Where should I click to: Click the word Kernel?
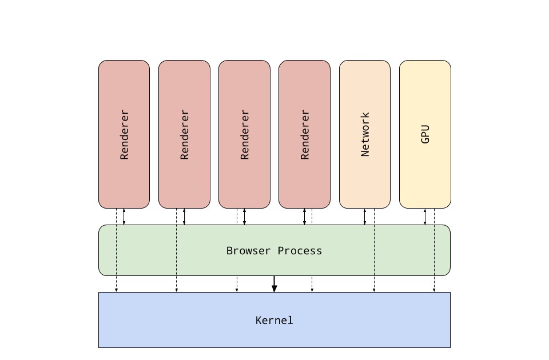[x=274, y=320]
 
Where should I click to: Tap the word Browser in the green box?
[x=248, y=250]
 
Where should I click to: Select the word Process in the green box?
[x=300, y=250]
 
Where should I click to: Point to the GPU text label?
[x=425, y=134]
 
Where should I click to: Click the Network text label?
[x=365, y=134]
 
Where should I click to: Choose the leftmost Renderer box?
[x=124, y=134]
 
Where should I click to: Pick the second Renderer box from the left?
[x=185, y=134]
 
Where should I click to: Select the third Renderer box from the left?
[x=244, y=134]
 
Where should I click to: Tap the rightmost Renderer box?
[x=305, y=134]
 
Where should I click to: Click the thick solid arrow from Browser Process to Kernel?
[x=274, y=284]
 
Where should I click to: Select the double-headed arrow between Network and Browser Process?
[x=365, y=217]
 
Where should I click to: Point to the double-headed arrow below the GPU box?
[x=425, y=217]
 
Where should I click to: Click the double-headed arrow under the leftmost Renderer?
[x=124, y=217]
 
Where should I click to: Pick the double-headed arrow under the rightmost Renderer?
[x=305, y=217]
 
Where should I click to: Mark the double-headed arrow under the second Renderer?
[x=185, y=217]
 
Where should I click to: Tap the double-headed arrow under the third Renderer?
[x=244, y=217]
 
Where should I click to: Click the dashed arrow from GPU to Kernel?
[x=434, y=250]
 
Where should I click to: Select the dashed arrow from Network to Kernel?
[x=374, y=250]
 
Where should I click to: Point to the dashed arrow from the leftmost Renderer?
[x=116, y=250]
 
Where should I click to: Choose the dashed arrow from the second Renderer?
[x=177, y=250]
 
